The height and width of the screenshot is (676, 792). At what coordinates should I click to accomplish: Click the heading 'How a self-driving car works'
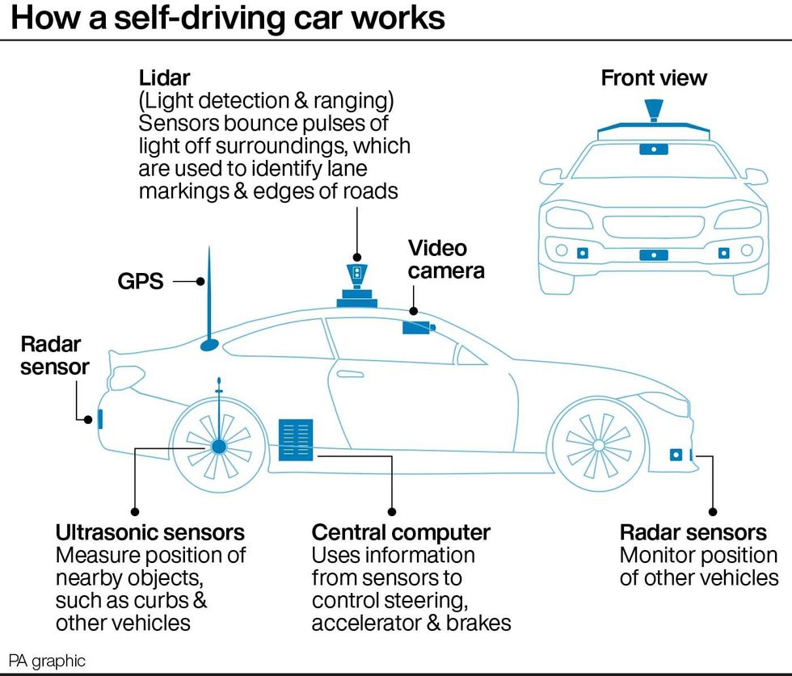tap(228, 18)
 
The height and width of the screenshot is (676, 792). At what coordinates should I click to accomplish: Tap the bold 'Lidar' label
tap(166, 78)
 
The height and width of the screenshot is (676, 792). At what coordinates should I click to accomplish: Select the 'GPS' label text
tap(139, 282)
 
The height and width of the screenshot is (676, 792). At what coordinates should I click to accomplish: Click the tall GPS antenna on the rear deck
tap(209, 307)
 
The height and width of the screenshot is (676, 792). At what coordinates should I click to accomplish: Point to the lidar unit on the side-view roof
tap(356, 288)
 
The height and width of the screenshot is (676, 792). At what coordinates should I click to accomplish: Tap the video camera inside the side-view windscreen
tap(418, 327)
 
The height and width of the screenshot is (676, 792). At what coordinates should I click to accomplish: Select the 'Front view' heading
tap(653, 78)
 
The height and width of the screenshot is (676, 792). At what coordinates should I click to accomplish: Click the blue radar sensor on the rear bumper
tap(100, 419)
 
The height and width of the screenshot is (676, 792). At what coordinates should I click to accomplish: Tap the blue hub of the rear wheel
tap(218, 445)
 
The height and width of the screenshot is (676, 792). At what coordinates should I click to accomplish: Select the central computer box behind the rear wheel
tap(295, 439)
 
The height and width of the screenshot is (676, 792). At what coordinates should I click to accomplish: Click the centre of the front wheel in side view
tap(598, 444)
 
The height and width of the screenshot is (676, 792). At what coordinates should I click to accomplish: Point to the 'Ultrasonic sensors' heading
tap(150, 533)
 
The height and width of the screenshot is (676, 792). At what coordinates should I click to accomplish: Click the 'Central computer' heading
tap(401, 533)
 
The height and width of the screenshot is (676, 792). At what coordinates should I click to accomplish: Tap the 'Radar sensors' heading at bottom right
tap(693, 533)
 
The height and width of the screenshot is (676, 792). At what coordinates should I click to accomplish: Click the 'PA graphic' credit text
tap(47, 661)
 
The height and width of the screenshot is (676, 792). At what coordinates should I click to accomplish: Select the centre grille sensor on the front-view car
tap(653, 255)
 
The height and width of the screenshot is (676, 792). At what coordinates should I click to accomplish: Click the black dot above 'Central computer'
tap(392, 511)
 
